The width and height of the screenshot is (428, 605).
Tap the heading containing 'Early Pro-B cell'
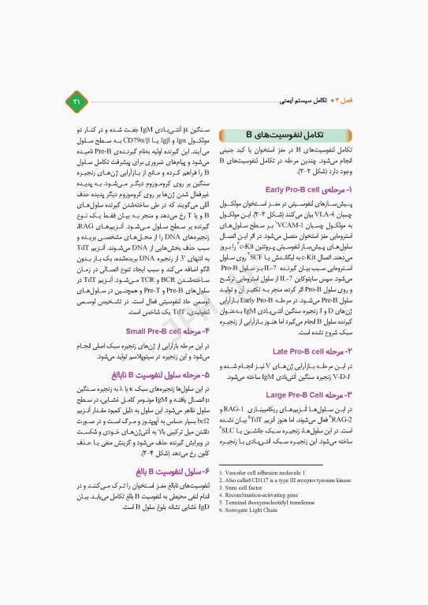pyautogui.click(x=309, y=189)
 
